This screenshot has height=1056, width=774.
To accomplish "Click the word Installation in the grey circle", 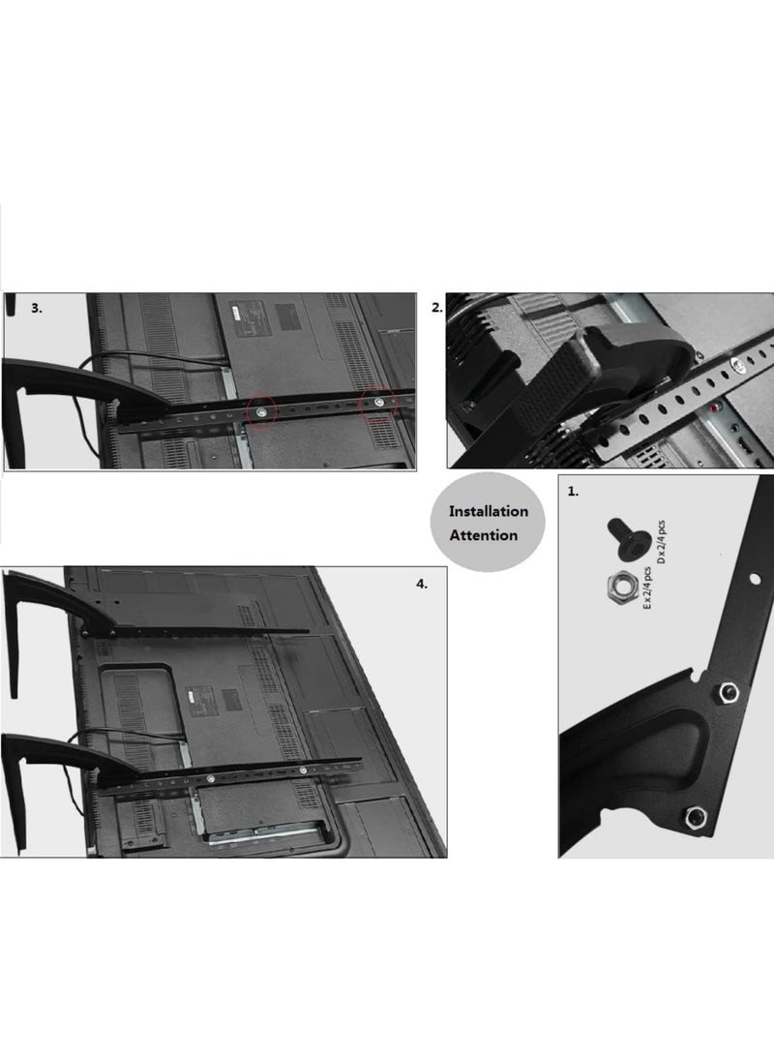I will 488,510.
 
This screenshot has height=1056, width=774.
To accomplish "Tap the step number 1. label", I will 574,491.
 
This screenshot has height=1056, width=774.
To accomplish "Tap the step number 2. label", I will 437,307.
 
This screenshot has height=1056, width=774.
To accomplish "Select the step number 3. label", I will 37,308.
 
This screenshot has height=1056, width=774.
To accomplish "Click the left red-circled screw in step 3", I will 261,411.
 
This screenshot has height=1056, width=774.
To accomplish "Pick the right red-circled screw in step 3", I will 379,400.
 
